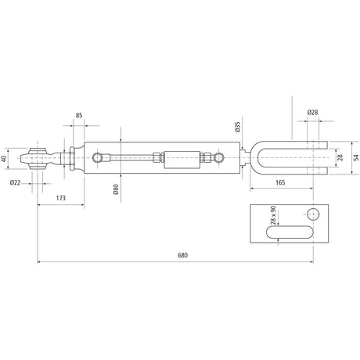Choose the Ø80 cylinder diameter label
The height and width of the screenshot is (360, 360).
(116, 189)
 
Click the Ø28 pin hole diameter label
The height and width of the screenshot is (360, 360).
(311, 113)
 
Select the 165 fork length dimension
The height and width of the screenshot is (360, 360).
(279, 182)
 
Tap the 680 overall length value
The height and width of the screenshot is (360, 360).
(182, 256)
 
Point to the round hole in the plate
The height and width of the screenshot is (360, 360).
(313, 214)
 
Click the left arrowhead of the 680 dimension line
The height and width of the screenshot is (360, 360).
(38, 263)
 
